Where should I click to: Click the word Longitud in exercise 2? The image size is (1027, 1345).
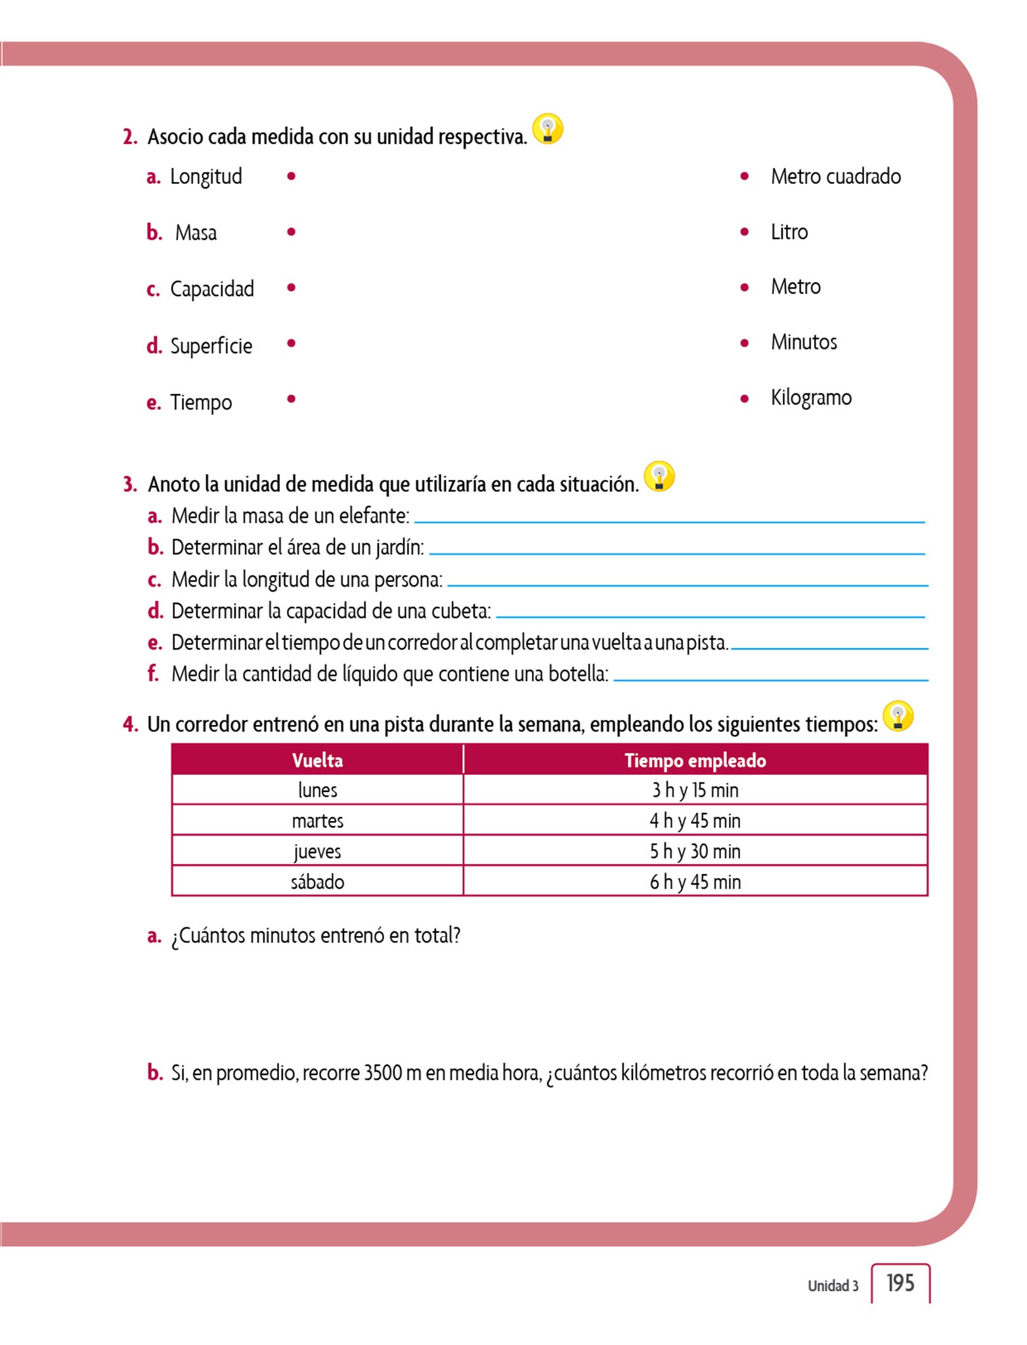206,177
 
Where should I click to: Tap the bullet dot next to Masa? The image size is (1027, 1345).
292,232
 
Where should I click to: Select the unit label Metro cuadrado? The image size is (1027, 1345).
835,177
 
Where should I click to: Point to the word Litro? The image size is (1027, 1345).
789,232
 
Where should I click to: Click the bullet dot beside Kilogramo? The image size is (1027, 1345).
745,398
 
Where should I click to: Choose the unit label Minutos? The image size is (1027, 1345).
804,342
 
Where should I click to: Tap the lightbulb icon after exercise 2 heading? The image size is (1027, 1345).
548,129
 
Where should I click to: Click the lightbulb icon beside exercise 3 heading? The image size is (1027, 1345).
659,477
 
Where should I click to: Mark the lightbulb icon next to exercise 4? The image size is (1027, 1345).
898,717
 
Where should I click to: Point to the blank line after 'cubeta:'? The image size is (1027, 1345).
710,616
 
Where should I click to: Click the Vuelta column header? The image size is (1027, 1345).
317,761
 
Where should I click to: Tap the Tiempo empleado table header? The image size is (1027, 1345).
695,761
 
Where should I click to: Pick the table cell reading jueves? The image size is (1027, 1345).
317,851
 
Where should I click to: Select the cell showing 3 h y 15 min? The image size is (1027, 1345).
695,790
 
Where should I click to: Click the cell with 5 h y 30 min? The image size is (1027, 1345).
695,851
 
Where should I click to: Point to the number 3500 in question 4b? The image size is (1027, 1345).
382,1073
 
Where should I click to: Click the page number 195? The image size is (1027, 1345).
900,1283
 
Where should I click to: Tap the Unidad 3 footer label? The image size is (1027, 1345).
833,1286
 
